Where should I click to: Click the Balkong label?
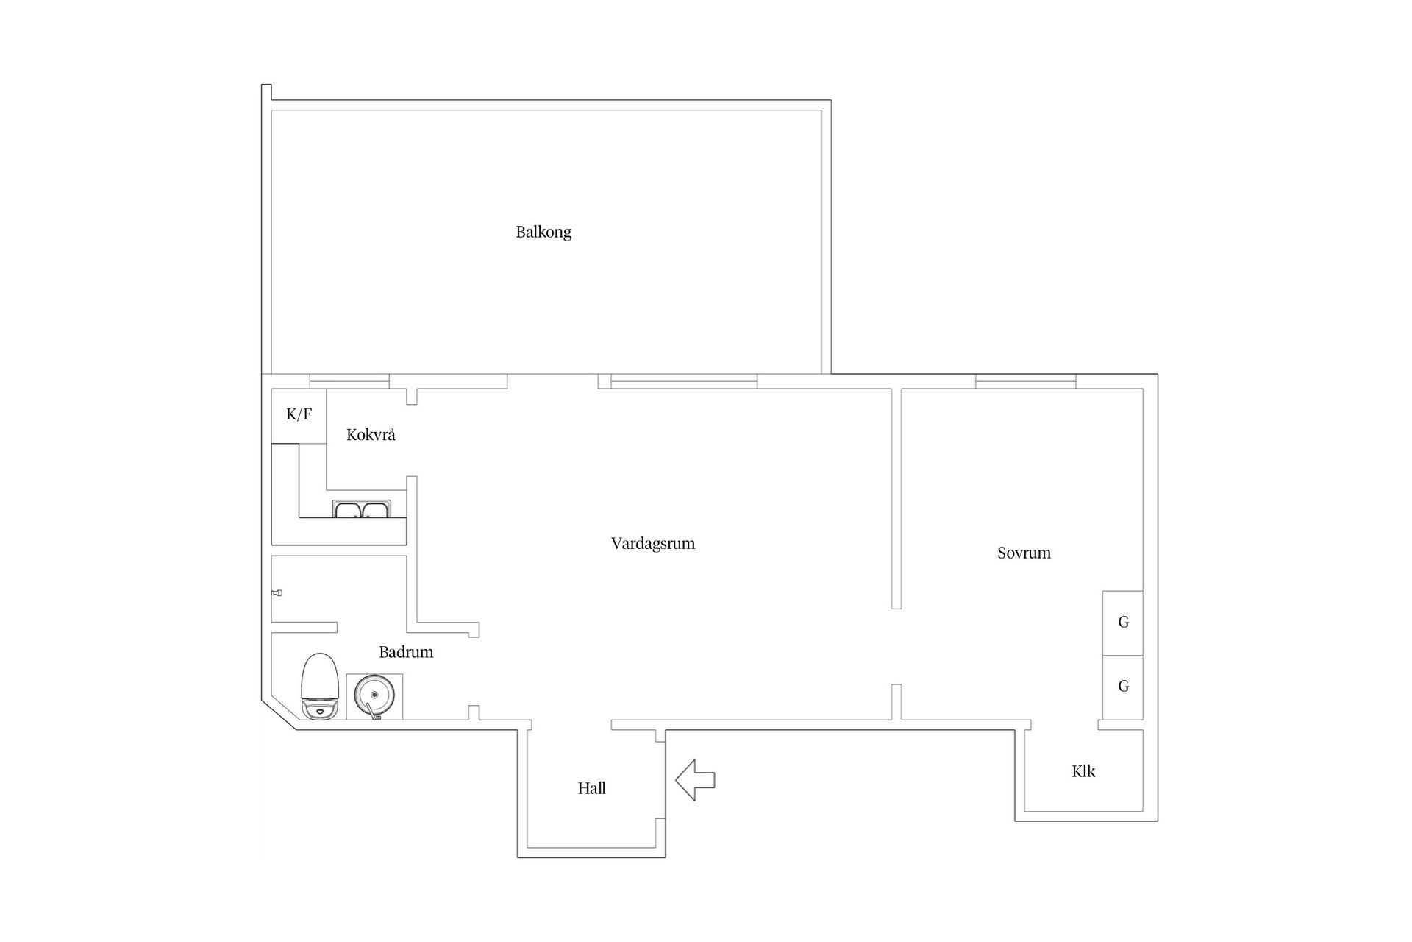pyautogui.click(x=543, y=233)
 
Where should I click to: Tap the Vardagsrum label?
pyautogui.click(x=653, y=544)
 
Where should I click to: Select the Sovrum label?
pyautogui.click(x=1024, y=553)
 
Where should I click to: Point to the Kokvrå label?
pyautogui.click(x=371, y=435)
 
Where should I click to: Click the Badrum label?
pyautogui.click(x=406, y=652)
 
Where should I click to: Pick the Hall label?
pyautogui.click(x=592, y=788)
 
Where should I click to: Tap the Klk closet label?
pyautogui.click(x=1083, y=771)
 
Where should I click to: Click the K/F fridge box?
pyautogui.click(x=299, y=416)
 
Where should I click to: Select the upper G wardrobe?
pyautogui.click(x=1122, y=623)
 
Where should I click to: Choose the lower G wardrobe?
pyautogui.click(x=1122, y=687)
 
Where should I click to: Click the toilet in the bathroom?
pyautogui.click(x=320, y=687)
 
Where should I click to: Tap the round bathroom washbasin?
pyautogui.click(x=374, y=695)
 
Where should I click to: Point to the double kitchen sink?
pyautogui.click(x=362, y=509)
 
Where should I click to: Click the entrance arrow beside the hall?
pyautogui.click(x=695, y=780)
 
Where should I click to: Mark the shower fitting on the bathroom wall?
pyautogui.click(x=277, y=592)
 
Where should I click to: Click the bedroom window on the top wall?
pyautogui.click(x=1026, y=381)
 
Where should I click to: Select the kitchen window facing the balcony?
pyautogui.click(x=349, y=381)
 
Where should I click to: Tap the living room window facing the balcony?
pyautogui.click(x=684, y=381)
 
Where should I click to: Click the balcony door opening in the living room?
pyautogui.click(x=552, y=381)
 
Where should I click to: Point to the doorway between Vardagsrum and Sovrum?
pyautogui.click(x=896, y=646)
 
